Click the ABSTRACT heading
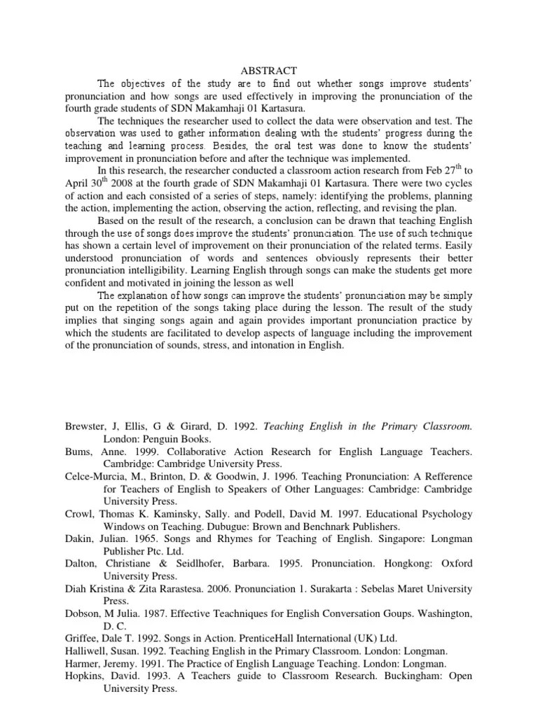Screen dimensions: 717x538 [269, 71]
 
